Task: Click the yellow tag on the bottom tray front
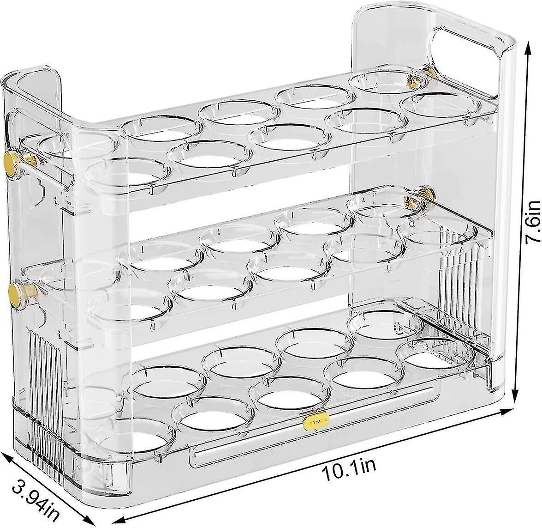[x=316, y=420]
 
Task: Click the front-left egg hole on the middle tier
[x=130, y=305]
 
